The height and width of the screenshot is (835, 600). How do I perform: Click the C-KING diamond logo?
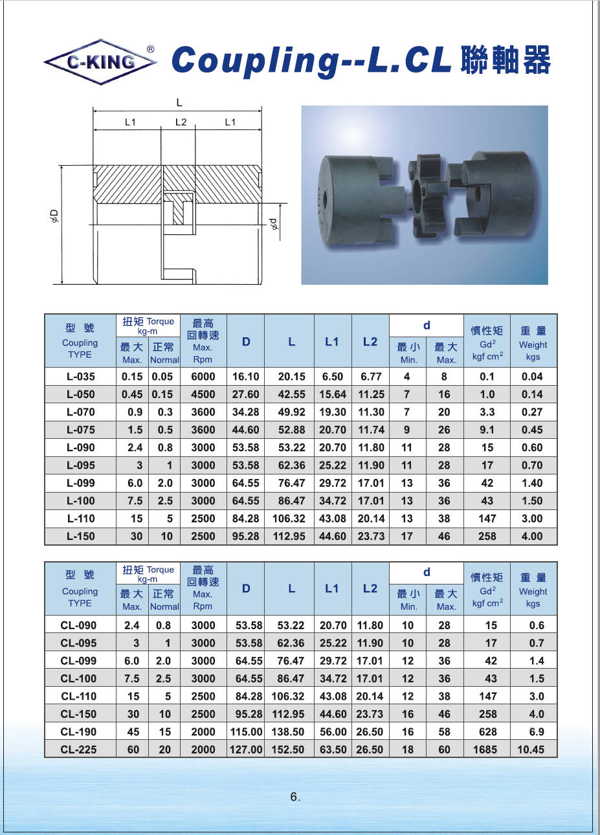[100, 62]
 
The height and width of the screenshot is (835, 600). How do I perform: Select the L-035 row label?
[80, 377]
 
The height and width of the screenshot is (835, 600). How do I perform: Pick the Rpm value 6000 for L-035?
[203, 377]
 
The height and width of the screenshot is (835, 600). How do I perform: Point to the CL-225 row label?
[78, 750]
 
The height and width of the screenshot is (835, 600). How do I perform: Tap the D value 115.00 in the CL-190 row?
[247, 732]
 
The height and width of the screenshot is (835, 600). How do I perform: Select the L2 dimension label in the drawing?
[181, 122]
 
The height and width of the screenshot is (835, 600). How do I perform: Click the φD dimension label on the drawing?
[54, 216]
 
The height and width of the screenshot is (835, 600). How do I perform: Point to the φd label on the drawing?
[274, 224]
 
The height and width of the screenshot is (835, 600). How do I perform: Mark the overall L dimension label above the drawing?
[179, 102]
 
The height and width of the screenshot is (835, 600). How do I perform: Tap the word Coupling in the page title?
[255, 61]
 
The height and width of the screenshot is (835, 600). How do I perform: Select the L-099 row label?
[80, 484]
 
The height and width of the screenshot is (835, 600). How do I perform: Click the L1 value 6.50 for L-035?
[332, 377]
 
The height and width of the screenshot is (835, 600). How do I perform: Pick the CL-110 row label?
[78, 696]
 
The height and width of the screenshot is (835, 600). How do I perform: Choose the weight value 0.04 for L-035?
[532, 377]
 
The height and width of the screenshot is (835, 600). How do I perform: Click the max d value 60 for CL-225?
[444, 750]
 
